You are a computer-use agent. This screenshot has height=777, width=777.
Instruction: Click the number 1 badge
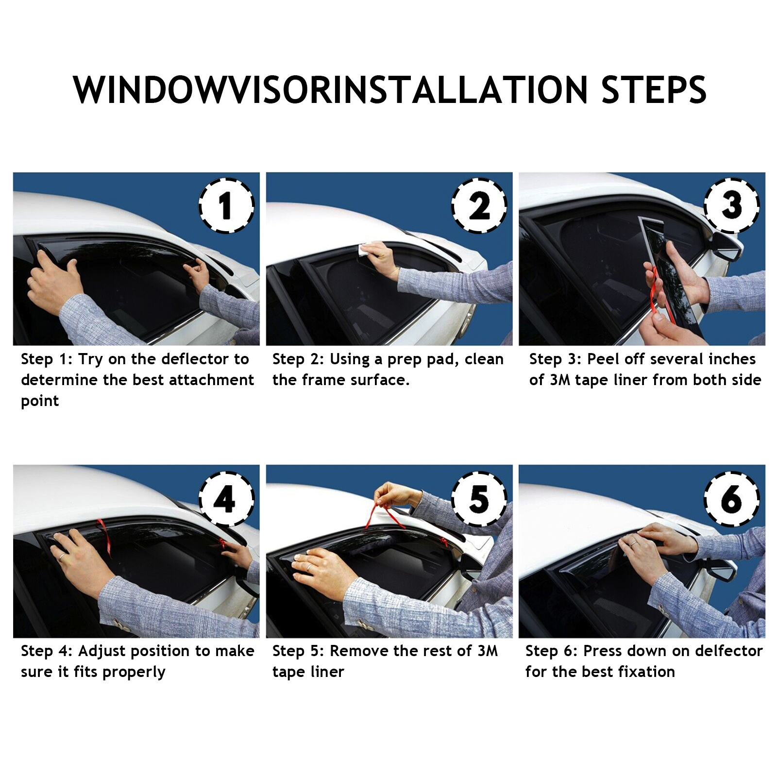coord(226,205)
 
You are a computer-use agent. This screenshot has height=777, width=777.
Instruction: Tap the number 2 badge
coord(479,205)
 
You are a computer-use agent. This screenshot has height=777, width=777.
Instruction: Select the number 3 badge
coord(732,205)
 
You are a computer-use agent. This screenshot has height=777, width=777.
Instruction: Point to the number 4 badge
coord(226,498)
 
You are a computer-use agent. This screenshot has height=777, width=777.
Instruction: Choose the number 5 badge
coord(479,498)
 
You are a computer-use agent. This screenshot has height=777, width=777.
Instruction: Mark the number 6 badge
coord(732,498)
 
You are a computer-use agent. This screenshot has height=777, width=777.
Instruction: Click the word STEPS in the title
coord(654,90)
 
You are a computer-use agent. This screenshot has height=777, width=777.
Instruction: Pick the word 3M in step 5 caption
coord(487,651)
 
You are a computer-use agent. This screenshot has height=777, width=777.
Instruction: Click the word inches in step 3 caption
coord(732,359)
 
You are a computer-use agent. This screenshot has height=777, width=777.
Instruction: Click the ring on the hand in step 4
coord(62,557)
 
